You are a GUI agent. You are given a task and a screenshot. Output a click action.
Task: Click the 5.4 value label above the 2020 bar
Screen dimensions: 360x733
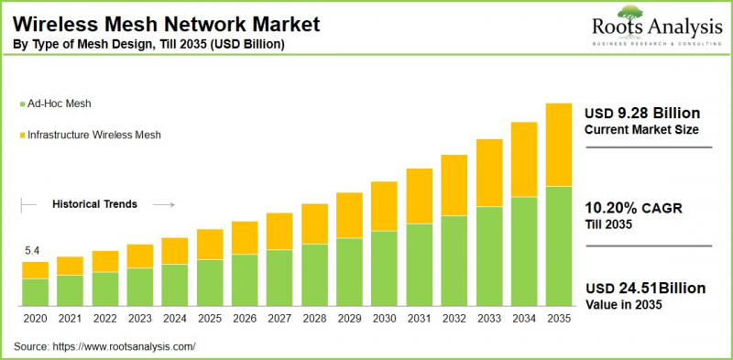[30, 250]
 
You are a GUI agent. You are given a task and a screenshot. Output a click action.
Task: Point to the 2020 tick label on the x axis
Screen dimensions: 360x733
[35, 318]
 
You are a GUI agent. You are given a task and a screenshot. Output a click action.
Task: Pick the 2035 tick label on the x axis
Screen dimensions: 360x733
[559, 318]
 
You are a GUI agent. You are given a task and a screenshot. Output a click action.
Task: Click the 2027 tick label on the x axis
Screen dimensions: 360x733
[279, 318]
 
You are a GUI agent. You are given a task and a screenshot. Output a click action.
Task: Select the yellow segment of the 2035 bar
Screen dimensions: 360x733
[559, 145]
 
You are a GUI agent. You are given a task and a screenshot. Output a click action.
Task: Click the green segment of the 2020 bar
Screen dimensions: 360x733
[35, 291]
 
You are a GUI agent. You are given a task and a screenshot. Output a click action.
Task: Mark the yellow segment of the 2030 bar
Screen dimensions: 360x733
[385, 206]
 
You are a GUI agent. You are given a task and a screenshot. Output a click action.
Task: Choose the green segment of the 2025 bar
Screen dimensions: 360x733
[210, 282]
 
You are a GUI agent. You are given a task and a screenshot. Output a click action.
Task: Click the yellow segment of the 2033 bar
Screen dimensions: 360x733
[489, 173]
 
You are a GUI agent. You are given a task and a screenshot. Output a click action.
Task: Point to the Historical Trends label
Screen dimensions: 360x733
[94, 204]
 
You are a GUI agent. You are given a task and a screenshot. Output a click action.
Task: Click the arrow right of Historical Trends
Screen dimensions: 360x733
[162, 204]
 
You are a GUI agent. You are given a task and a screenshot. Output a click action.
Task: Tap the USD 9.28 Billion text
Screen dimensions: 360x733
[642, 113]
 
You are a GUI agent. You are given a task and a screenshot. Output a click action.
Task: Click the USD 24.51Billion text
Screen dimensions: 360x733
[645, 288]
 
